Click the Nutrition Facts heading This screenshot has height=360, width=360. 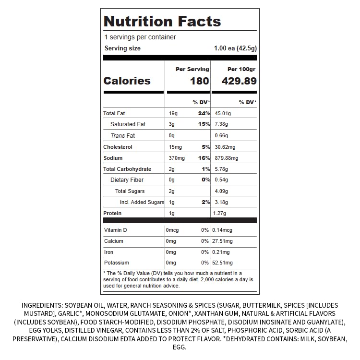pos(162,21)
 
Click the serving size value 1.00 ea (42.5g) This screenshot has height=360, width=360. pos(235,48)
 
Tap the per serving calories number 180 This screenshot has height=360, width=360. pos(200,81)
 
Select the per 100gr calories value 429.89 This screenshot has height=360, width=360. pos(239,81)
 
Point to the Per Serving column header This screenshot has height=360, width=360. pos(192,69)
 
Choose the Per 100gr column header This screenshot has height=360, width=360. pos(241,69)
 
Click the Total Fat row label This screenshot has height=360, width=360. pos(114,113)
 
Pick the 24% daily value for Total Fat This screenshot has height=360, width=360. pos(204,113)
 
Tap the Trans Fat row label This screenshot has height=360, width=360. pos(123,136)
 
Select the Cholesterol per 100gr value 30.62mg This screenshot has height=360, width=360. pos(225,147)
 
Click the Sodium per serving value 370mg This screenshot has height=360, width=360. pos(177,158)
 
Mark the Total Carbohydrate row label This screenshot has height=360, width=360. pos(127,169)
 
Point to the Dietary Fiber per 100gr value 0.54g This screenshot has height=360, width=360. pos(221,180)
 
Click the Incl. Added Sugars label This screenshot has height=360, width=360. pos(142,202)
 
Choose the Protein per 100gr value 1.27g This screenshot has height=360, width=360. pos(219,213)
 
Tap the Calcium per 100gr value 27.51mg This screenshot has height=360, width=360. pos(222,241)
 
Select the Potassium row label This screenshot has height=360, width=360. pos(117,263)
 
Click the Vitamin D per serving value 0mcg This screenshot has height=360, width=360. pos(172,230)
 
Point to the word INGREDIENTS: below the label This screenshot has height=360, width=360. pos(42,305)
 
